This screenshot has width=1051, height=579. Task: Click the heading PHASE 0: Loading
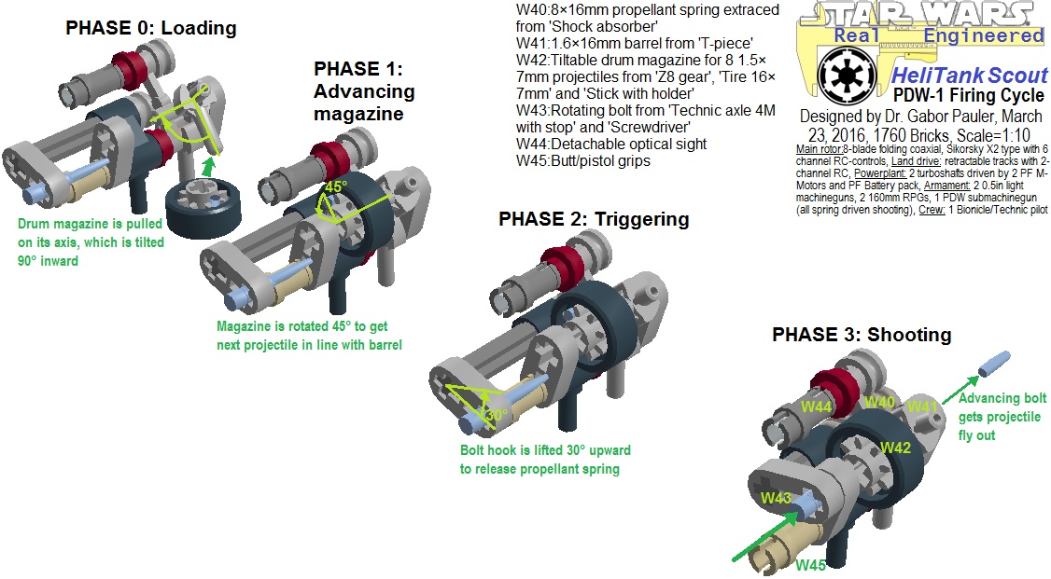[150, 28]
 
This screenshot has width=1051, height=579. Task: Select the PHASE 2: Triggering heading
[594, 219]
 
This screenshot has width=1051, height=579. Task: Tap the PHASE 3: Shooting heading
[861, 334]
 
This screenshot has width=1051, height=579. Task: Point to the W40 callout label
[879, 402]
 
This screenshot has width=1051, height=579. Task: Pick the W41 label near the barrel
[922, 407]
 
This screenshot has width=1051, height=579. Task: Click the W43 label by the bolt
[776, 497]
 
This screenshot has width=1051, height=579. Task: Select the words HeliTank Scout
[969, 76]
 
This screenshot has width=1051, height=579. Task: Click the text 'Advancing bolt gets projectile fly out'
[1002, 417]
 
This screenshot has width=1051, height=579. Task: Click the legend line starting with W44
[611, 145]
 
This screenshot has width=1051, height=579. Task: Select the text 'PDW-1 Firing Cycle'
[970, 95]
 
